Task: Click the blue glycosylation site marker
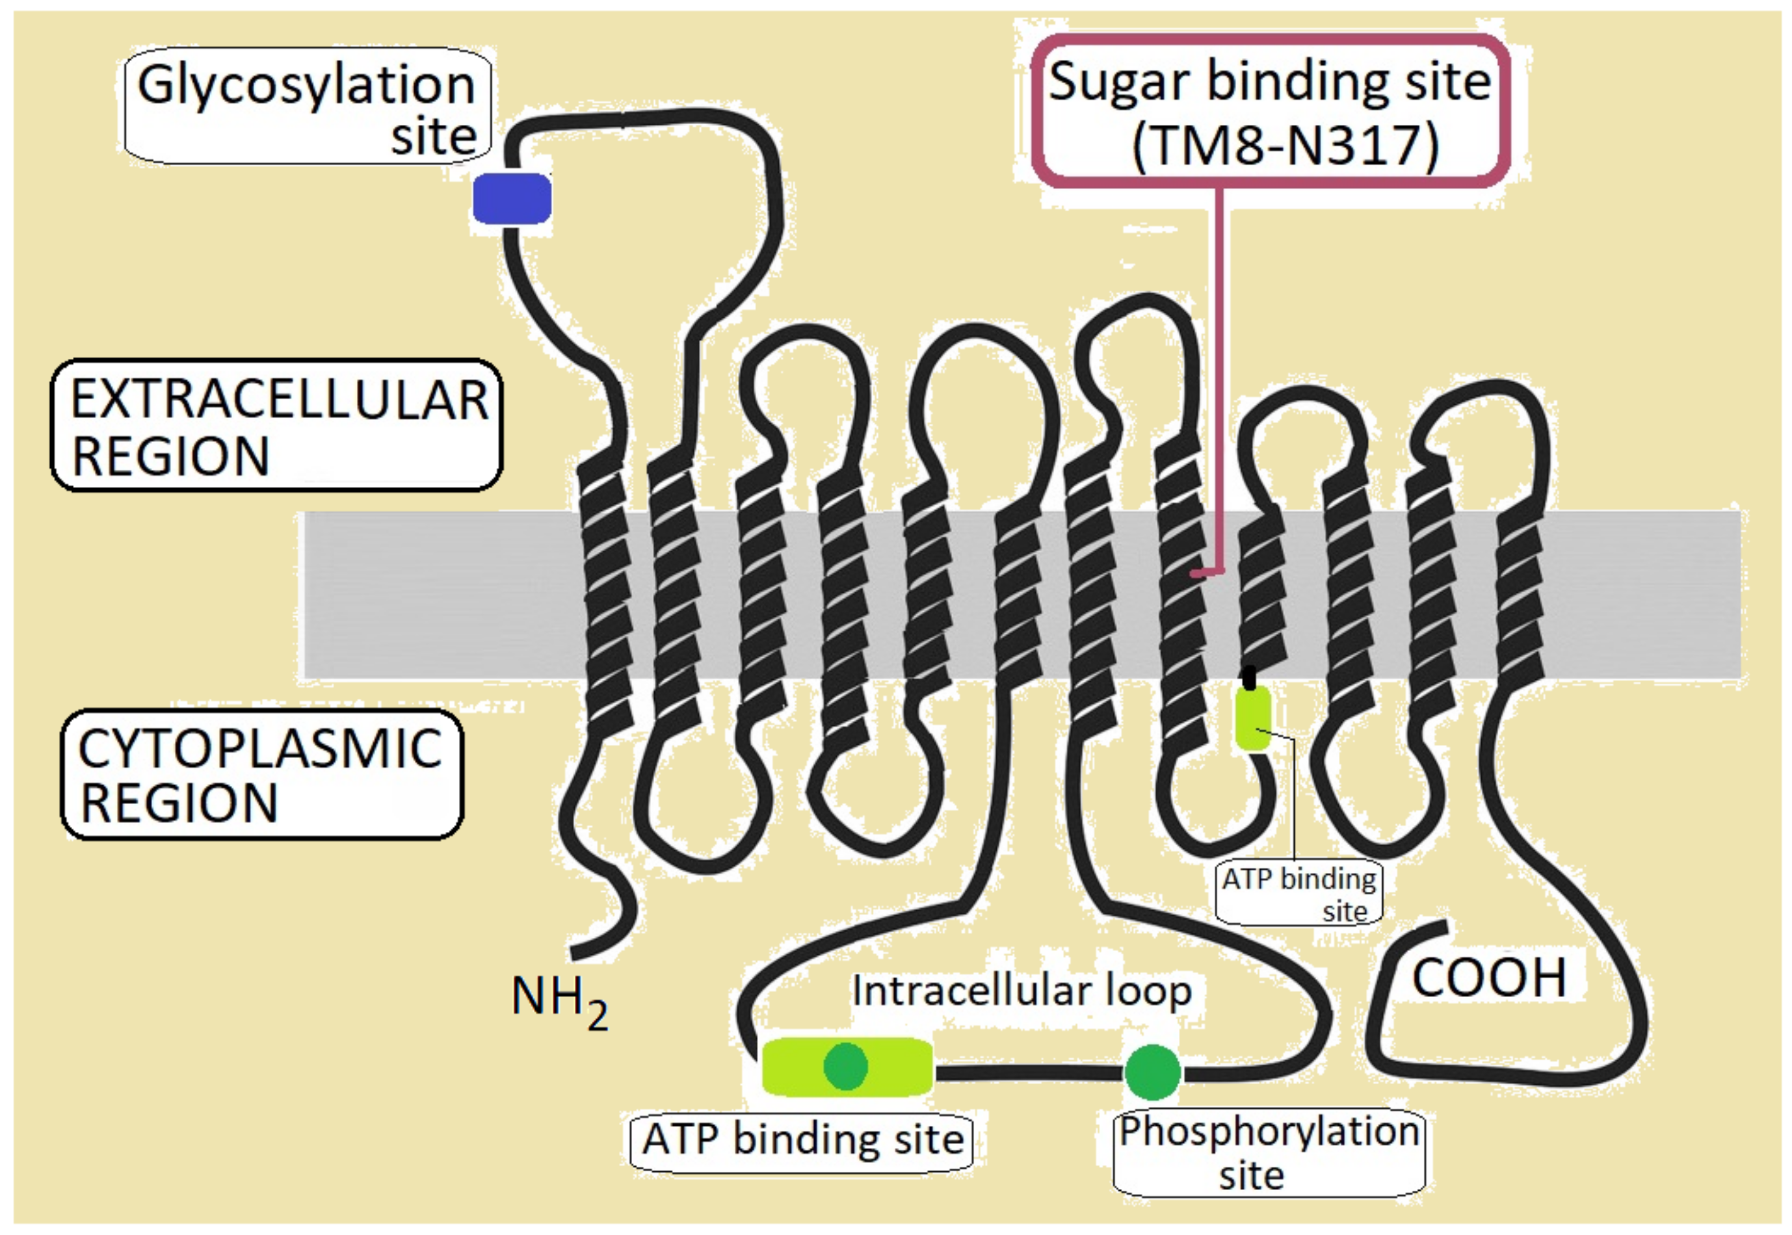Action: pyautogui.click(x=512, y=198)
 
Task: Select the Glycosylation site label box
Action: pyautogui.click(x=308, y=107)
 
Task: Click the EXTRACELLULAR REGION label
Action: pyautogui.click(x=277, y=426)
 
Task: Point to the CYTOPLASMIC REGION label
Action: pyautogui.click(x=261, y=775)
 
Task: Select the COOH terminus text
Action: pyautogui.click(x=1488, y=978)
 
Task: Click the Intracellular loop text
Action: pyautogui.click(x=1021, y=991)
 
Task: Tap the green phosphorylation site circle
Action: pyautogui.click(x=1152, y=1072)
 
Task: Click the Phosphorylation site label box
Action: pyautogui.click(x=1268, y=1152)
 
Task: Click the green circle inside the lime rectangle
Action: pyautogui.click(x=845, y=1066)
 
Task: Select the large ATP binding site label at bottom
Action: pyautogui.click(x=802, y=1140)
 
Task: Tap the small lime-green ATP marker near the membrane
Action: pyautogui.click(x=1252, y=718)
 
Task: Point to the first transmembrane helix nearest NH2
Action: pyautogui.click(x=606, y=596)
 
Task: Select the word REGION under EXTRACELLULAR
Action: pyautogui.click(x=170, y=456)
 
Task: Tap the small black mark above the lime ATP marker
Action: pyautogui.click(x=1248, y=677)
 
